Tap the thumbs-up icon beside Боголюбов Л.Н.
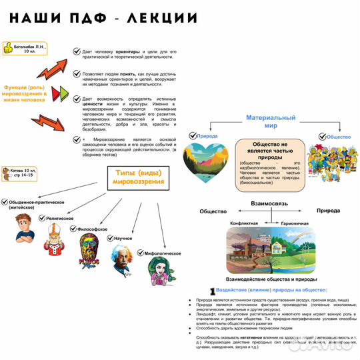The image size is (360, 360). (8, 49)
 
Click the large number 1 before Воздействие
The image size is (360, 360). (211, 291)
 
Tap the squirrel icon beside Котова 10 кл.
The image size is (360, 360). (7, 173)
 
